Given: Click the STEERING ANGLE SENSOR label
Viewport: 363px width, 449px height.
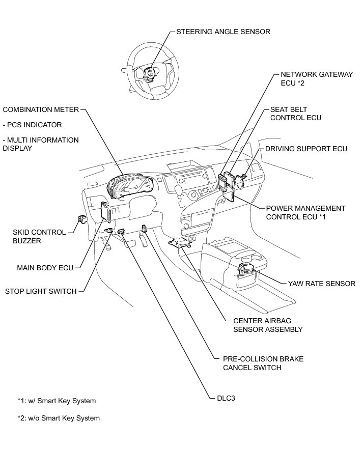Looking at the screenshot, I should tap(223, 32).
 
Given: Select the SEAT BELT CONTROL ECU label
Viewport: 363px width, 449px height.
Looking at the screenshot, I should tap(295, 114).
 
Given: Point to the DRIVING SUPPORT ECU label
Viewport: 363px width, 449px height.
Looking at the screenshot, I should tap(306, 149).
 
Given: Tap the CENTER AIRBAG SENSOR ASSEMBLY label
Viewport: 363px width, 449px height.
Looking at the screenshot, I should tap(267, 325).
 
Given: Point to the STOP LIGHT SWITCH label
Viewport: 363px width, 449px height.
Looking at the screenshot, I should tap(41, 291).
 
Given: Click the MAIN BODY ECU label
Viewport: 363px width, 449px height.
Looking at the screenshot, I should tap(45, 267).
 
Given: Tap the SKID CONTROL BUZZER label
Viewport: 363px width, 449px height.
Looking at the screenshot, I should tap(39, 236).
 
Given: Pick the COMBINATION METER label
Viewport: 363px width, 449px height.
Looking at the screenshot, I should tap(41, 109).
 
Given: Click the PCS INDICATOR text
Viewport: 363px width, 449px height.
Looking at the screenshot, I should tap(32, 125).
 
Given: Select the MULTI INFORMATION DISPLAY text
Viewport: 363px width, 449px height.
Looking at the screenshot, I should tap(41, 144).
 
